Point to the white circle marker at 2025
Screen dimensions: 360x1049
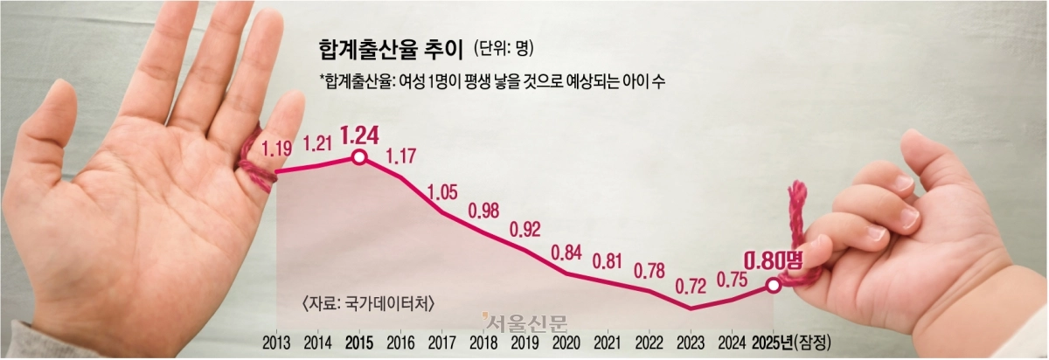coord(773,286)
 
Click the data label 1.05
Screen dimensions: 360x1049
coord(443,192)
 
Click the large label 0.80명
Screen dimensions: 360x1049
coord(772,258)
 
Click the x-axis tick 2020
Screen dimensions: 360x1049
coord(566,341)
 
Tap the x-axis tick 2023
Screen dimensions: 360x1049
coord(691,341)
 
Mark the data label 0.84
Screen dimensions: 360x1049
coord(566,253)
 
